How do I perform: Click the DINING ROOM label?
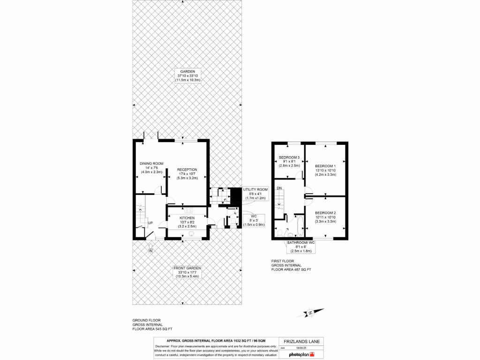click(x=151, y=164)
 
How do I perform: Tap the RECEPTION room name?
click(x=187, y=170)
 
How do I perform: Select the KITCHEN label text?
click(x=187, y=217)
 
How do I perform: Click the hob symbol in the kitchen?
click(x=192, y=210)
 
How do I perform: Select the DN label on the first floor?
click(x=279, y=188)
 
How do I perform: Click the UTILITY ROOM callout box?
click(x=255, y=194)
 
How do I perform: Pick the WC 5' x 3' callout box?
click(x=254, y=220)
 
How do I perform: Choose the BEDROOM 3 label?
click(x=289, y=157)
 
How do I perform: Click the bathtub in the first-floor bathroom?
click(x=300, y=226)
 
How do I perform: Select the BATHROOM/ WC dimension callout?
click(x=301, y=247)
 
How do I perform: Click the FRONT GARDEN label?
click(x=187, y=268)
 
